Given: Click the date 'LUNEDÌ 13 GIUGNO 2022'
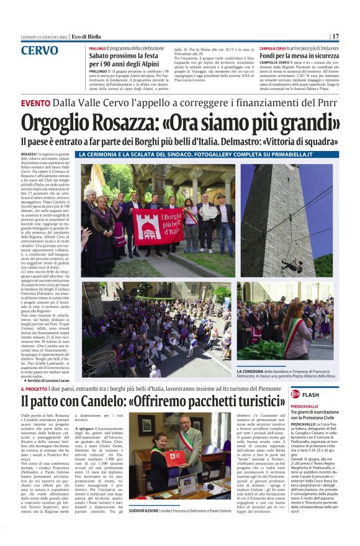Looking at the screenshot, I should point(45,36).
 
